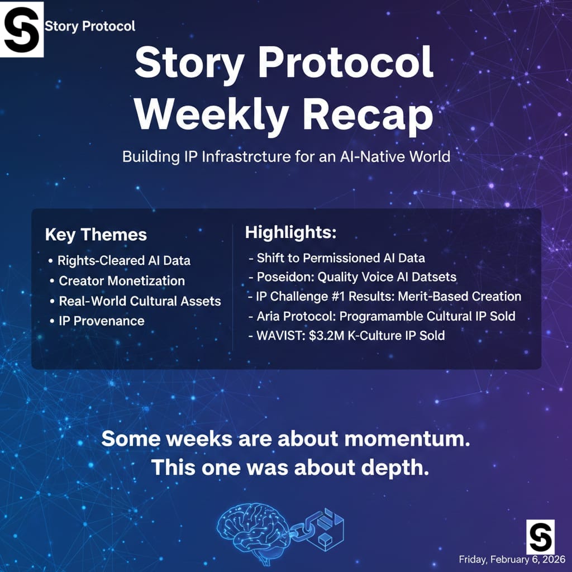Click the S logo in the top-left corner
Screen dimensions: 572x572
[x=22, y=29]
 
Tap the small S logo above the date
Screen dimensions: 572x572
[x=540, y=536]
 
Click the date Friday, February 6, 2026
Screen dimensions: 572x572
[x=512, y=559]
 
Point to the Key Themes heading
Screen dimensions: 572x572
[x=96, y=235]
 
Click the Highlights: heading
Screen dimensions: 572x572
[x=290, y=233]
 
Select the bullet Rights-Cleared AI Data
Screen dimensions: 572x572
[x=123, y=261]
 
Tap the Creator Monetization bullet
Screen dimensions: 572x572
[x=121, y=281]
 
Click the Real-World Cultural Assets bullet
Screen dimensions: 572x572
[x=140, y=301]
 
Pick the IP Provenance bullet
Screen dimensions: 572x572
[x=101, y=321]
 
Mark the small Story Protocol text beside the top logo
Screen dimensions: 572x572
[x=90, y=26]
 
